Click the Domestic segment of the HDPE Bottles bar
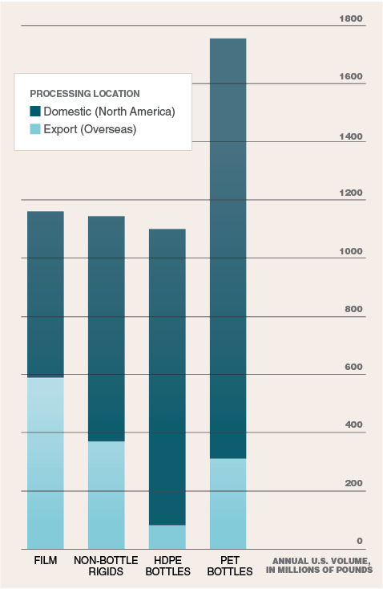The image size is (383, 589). coord(167,376)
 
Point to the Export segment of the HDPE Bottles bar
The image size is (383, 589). coord(167,537)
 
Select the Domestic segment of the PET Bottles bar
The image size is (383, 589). coord(228,248)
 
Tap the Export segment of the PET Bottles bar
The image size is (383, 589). coord(228,503)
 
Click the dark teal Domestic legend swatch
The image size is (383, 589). coord(35,111)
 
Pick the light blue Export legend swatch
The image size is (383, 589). coord(35,128)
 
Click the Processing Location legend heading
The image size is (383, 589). coord(85,94)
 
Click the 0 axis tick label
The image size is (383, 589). coord(360,542)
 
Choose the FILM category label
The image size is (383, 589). coord(45,559)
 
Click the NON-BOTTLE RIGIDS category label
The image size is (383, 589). coord(106,565)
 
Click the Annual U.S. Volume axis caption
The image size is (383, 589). coord(321,565)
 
